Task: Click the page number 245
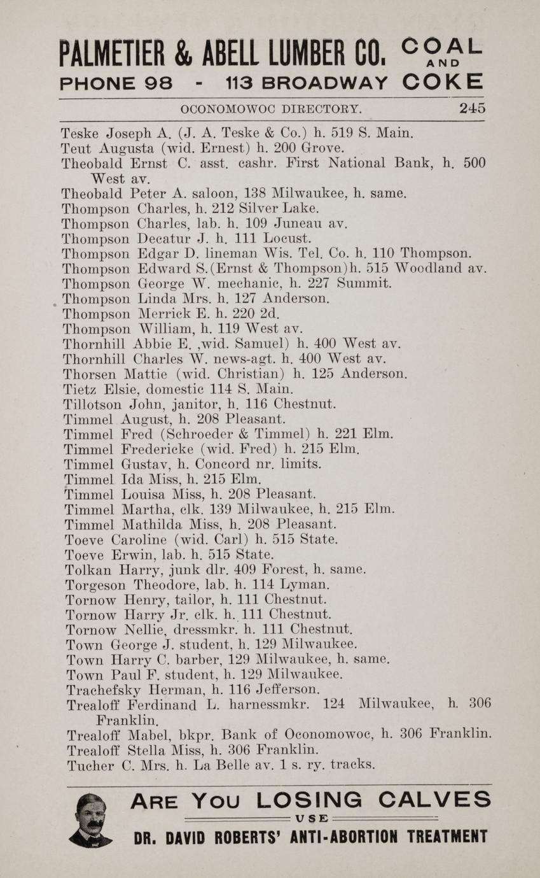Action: click(x=472, y=108)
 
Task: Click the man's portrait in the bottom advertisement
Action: click(x=91, y=820)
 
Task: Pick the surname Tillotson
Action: click(x=93, y=404)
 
